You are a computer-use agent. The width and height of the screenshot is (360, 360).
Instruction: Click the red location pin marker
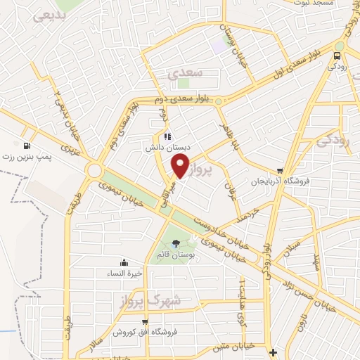coord(181,167)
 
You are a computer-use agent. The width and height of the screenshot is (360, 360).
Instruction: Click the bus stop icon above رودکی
coord(338,56)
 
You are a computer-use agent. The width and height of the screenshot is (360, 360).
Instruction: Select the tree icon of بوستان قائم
coord(175,244)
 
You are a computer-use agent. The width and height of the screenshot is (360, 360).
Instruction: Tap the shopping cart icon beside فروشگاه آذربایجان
coord(281,171)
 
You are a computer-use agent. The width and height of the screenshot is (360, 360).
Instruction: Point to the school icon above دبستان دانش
coord(167,136)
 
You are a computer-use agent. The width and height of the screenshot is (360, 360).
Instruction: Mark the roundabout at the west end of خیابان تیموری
coord(95,171)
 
